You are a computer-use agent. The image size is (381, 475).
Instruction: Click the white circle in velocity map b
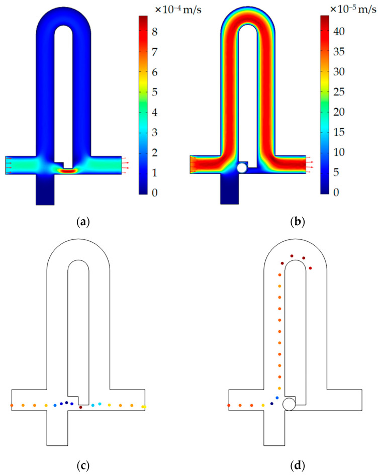coord(242,168)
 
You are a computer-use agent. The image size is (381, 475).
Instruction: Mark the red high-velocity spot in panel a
coord(69,171)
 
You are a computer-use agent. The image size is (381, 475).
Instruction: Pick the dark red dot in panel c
coord(81,407)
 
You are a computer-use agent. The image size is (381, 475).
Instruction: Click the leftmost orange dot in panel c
coord(12,405)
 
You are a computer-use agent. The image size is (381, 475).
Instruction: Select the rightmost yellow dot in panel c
coord(144,407)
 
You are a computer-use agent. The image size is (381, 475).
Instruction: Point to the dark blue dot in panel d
coord(271,403)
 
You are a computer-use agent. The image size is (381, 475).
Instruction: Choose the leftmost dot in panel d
coord(229,405)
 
